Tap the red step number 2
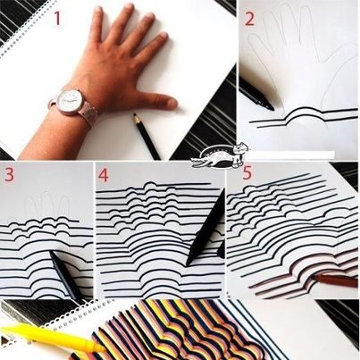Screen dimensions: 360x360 pos(249,18)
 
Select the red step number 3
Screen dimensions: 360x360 pos(9,174)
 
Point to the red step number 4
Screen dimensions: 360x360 pos(104,174)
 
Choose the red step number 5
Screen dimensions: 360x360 pos(247,172)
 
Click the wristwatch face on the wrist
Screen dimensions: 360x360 pos(71,101)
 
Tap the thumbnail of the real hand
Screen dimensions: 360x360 pos(172,103)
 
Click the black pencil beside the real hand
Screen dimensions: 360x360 pos(147,136)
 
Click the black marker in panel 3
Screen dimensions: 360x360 pos(63,274)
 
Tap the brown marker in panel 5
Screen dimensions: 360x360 pos(334,280)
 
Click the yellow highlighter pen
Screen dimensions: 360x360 pos(52,336)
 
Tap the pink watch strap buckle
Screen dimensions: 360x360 pos(88,114)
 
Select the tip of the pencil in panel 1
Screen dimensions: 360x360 pos(134,114)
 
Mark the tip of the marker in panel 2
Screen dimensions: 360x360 pos(272,109)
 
